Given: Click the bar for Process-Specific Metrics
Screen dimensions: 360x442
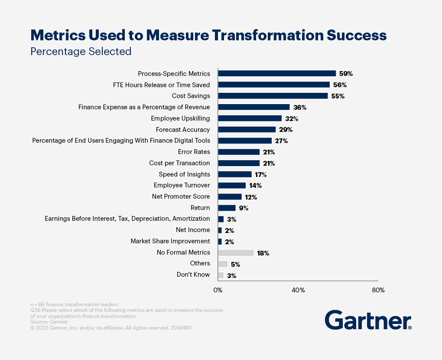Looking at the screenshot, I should [x=277, y=73].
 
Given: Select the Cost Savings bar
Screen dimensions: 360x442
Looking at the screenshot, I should [x=273, y=96].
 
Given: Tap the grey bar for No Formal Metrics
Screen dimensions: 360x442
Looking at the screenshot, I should [x=236, y=253].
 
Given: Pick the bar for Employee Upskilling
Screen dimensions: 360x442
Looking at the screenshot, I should [x=250, y=118].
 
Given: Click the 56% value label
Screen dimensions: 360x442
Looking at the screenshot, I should [x=340, y=85].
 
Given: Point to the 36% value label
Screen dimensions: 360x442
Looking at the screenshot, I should [x=300, y=107].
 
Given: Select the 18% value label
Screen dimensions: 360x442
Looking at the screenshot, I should [x=263, y=253].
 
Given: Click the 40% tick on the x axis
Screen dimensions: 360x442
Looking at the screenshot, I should [x=298, y=290].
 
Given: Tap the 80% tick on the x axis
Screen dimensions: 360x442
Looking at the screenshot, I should [x=378, y=290].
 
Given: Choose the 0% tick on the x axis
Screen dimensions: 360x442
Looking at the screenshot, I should [x=218, y=290].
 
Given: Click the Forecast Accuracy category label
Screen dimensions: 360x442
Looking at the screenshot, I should [x=182, y=130].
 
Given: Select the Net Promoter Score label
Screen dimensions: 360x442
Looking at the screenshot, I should [x=181, y=196].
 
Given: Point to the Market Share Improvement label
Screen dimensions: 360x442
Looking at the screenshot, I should [x=170, y=241].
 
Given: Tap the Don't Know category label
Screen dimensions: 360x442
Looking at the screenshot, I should [x=193, y=275].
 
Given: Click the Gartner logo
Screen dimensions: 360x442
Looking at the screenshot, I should [x=368, y=320].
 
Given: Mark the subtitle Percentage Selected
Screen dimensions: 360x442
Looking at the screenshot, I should [x=81, y=51].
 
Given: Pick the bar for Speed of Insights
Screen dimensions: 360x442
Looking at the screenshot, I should [x=234, y=174].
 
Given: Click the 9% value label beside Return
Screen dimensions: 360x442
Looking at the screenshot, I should [x=244, y=208].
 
